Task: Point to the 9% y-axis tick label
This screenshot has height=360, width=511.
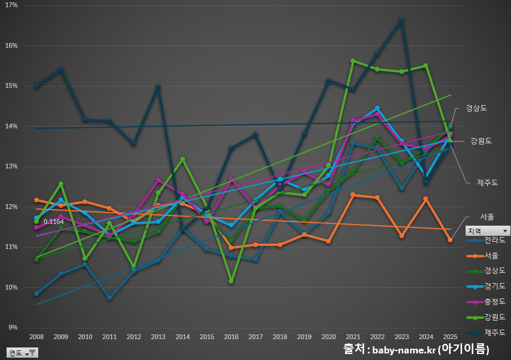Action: pos(13,328)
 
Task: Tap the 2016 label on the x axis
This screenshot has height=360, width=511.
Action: pos(231,337)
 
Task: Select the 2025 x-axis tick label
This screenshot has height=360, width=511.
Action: pos(450,337)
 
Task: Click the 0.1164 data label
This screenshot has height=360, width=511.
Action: pos(54,222)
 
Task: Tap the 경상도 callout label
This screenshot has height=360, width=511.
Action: pos(476,108)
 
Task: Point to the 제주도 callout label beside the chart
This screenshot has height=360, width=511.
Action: pos(487,181)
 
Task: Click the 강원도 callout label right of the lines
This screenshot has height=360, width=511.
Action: pos(481,141)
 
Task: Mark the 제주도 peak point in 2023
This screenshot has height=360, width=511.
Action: pos(402,20)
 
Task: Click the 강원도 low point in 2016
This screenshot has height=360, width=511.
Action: pos(231,281)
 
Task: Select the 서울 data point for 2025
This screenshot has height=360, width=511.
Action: pos(450,240)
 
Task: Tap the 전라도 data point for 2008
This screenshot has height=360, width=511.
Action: pos(36,294)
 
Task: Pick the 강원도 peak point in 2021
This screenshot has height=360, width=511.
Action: pos(353,61)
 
